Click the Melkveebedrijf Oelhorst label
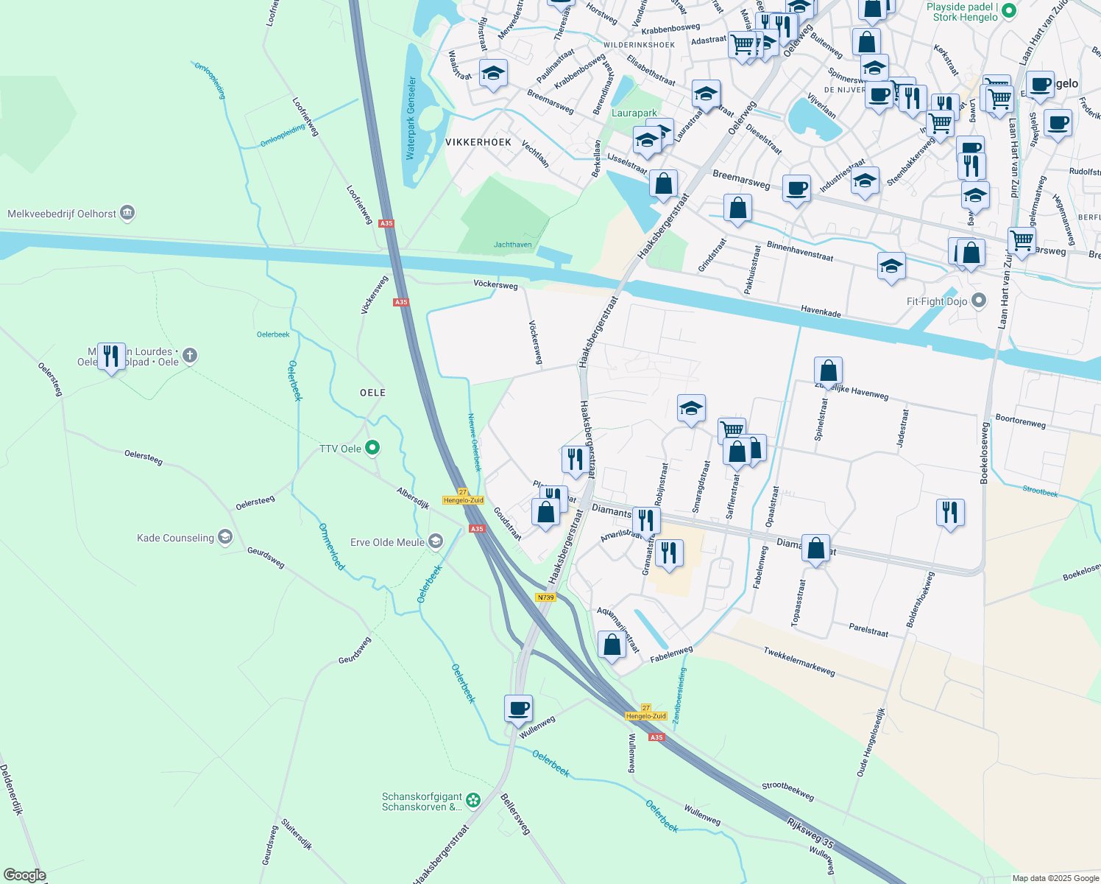(62, 214)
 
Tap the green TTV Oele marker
(372, 447)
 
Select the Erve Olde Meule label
(388, 542)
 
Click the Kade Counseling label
(175, 538)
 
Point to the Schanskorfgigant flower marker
(473, 799)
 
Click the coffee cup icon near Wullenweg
(518, 708)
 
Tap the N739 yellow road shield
(545, 597)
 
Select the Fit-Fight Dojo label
(937, 301)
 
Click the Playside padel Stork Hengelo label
(965, 12)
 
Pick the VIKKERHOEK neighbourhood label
(478, 142)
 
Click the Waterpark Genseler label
(411, 118)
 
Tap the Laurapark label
(634, 113)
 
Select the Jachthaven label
(512, 245)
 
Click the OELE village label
(372, 393)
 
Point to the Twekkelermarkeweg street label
(799, 662)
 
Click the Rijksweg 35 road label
(810, 832)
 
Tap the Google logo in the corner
(25, 875)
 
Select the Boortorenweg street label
(1020, 421)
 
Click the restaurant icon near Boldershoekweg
(950, 512)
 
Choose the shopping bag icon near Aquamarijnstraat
(612, 645)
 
